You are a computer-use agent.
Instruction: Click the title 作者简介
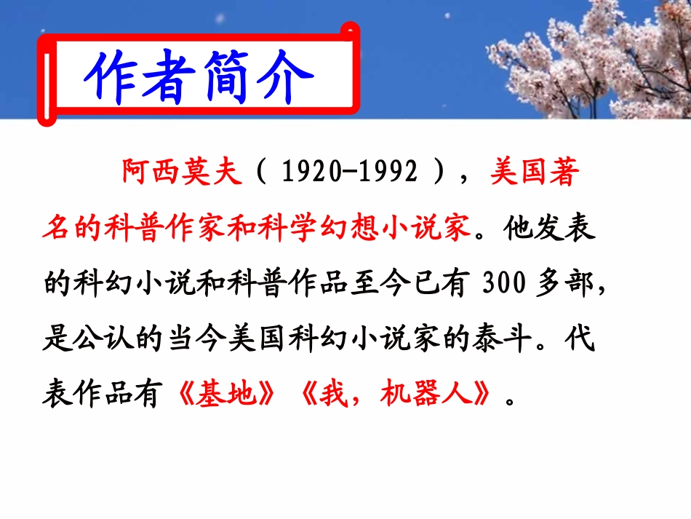coord(199,76)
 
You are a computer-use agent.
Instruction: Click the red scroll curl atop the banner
coord(351,30)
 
